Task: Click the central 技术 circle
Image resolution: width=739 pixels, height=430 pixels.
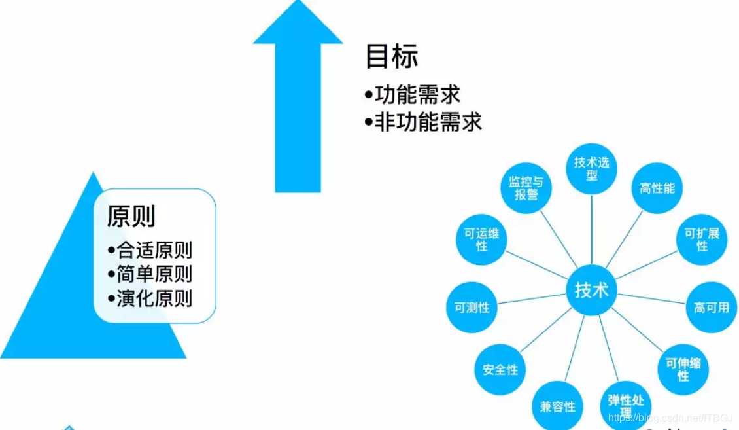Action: tap(592, 290)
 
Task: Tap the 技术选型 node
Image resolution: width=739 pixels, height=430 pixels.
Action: tap(592, 168)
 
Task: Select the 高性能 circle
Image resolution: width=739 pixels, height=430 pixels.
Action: tap(657, 188)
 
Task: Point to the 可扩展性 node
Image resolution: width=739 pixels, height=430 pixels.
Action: tap(702, 239)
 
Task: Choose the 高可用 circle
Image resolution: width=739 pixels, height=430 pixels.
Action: tap(711, 306)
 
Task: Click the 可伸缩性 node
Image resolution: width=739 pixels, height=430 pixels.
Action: tap(683, 369)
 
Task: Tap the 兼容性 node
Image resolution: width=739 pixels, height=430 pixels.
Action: tap(558, 406)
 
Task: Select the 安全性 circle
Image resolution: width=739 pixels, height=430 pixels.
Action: tap(500, 369)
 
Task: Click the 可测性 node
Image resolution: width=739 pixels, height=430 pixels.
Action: tap(472, 306)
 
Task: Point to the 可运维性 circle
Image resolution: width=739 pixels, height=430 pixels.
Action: tap(482, 239)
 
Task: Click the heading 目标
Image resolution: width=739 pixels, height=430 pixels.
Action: tap(391, 57)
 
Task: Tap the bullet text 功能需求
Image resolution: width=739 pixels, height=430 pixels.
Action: tap(417, 94)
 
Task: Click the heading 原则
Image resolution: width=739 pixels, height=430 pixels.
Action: tap(131, 215)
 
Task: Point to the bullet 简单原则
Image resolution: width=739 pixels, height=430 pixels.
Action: tap(154, 274)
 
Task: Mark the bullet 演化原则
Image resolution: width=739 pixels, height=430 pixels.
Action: tap(154, 298)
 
